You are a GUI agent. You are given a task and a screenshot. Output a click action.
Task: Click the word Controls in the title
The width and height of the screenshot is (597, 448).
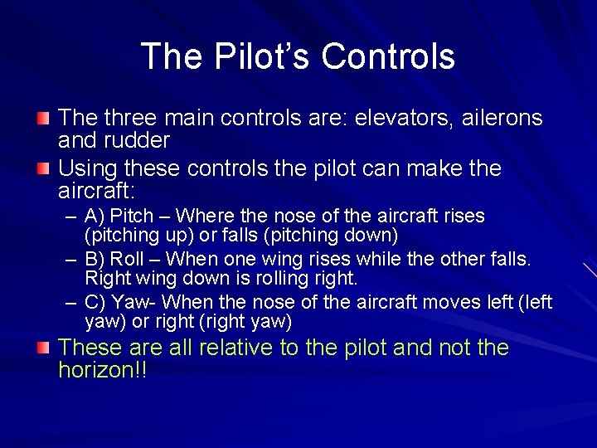388,56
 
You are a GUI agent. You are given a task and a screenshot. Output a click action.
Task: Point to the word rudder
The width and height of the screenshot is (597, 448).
139,140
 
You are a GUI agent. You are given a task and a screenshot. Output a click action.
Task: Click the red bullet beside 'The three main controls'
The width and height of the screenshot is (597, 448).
43,118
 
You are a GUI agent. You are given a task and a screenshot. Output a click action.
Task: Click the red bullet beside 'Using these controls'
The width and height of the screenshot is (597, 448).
43,168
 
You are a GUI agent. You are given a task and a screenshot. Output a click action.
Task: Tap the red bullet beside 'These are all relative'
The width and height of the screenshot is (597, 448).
43,347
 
